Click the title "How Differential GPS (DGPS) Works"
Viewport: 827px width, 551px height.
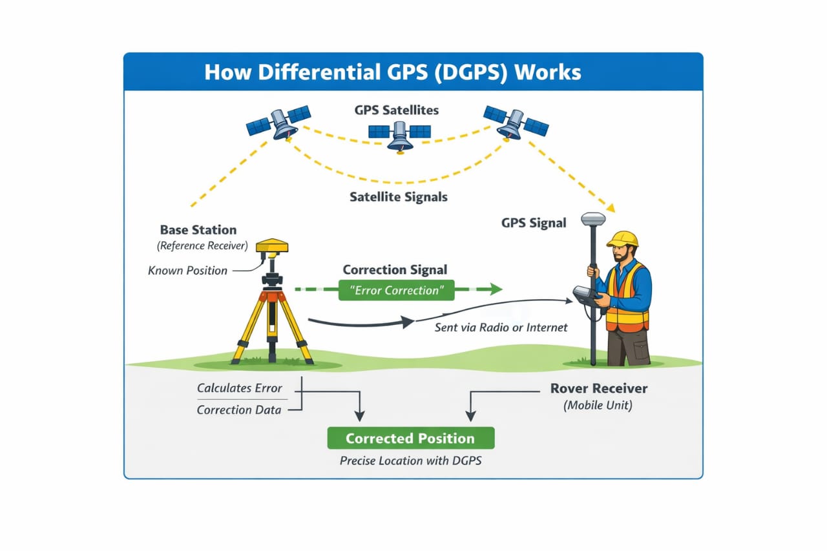[x=392, y=72]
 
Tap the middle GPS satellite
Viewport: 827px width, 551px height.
[x=399, y=134]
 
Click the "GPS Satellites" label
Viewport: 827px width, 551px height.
[x=396, y=110]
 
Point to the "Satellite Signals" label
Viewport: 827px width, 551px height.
[x=398, y=197]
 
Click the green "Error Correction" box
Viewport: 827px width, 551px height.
[x=396, y=290]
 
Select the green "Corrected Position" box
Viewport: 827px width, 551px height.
[x=410, y=438]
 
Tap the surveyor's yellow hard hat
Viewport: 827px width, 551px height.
[x=623, y=239]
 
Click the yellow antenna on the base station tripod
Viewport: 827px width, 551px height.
[x=272, y=246]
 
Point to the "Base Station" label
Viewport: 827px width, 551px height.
[x=198, y=230]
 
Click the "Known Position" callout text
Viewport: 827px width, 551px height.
[x=187, y=270]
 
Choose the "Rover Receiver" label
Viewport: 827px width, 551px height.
[x=598, y=388]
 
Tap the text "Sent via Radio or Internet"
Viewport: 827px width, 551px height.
[x=501, y=327]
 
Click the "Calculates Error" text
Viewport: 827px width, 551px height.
[x=240, y=388]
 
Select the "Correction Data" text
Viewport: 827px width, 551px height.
[x=238, y=410]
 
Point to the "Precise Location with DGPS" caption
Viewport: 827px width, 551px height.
[x=410, y=461]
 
